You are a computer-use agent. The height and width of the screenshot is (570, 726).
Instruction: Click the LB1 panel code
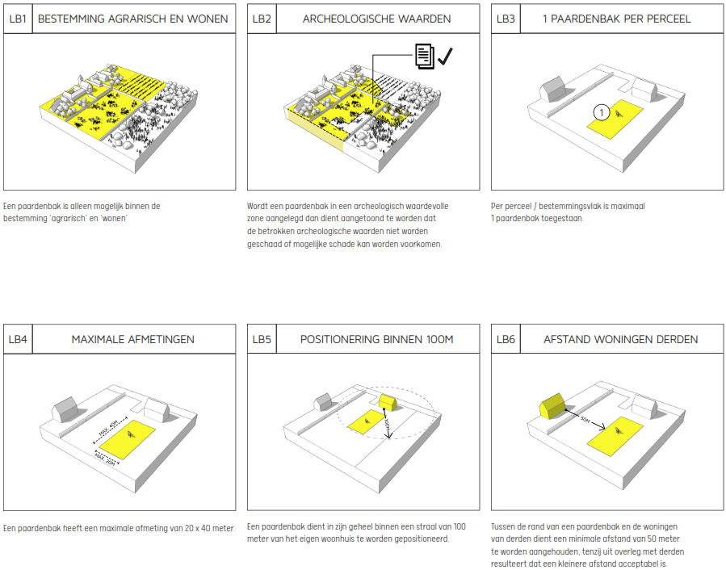click(x=18, y=18)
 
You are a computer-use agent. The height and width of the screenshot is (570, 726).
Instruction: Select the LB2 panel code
click(x=262, y=18)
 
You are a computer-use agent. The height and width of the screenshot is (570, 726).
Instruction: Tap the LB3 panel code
click(x=506, y=18)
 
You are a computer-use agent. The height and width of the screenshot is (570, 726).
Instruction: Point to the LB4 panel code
click(x=18, y=339)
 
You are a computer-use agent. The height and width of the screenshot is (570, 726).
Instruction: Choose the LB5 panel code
click(x=262, y=339)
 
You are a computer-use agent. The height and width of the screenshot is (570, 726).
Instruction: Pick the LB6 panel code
click(x=506, y=339)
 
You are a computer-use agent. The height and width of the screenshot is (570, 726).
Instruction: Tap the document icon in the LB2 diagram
click(x=424, y=56)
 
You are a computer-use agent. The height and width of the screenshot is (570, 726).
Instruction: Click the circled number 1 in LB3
click(x=598, y=112)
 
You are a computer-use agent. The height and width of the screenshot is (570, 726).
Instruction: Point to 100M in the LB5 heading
click(x=437, y=339)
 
